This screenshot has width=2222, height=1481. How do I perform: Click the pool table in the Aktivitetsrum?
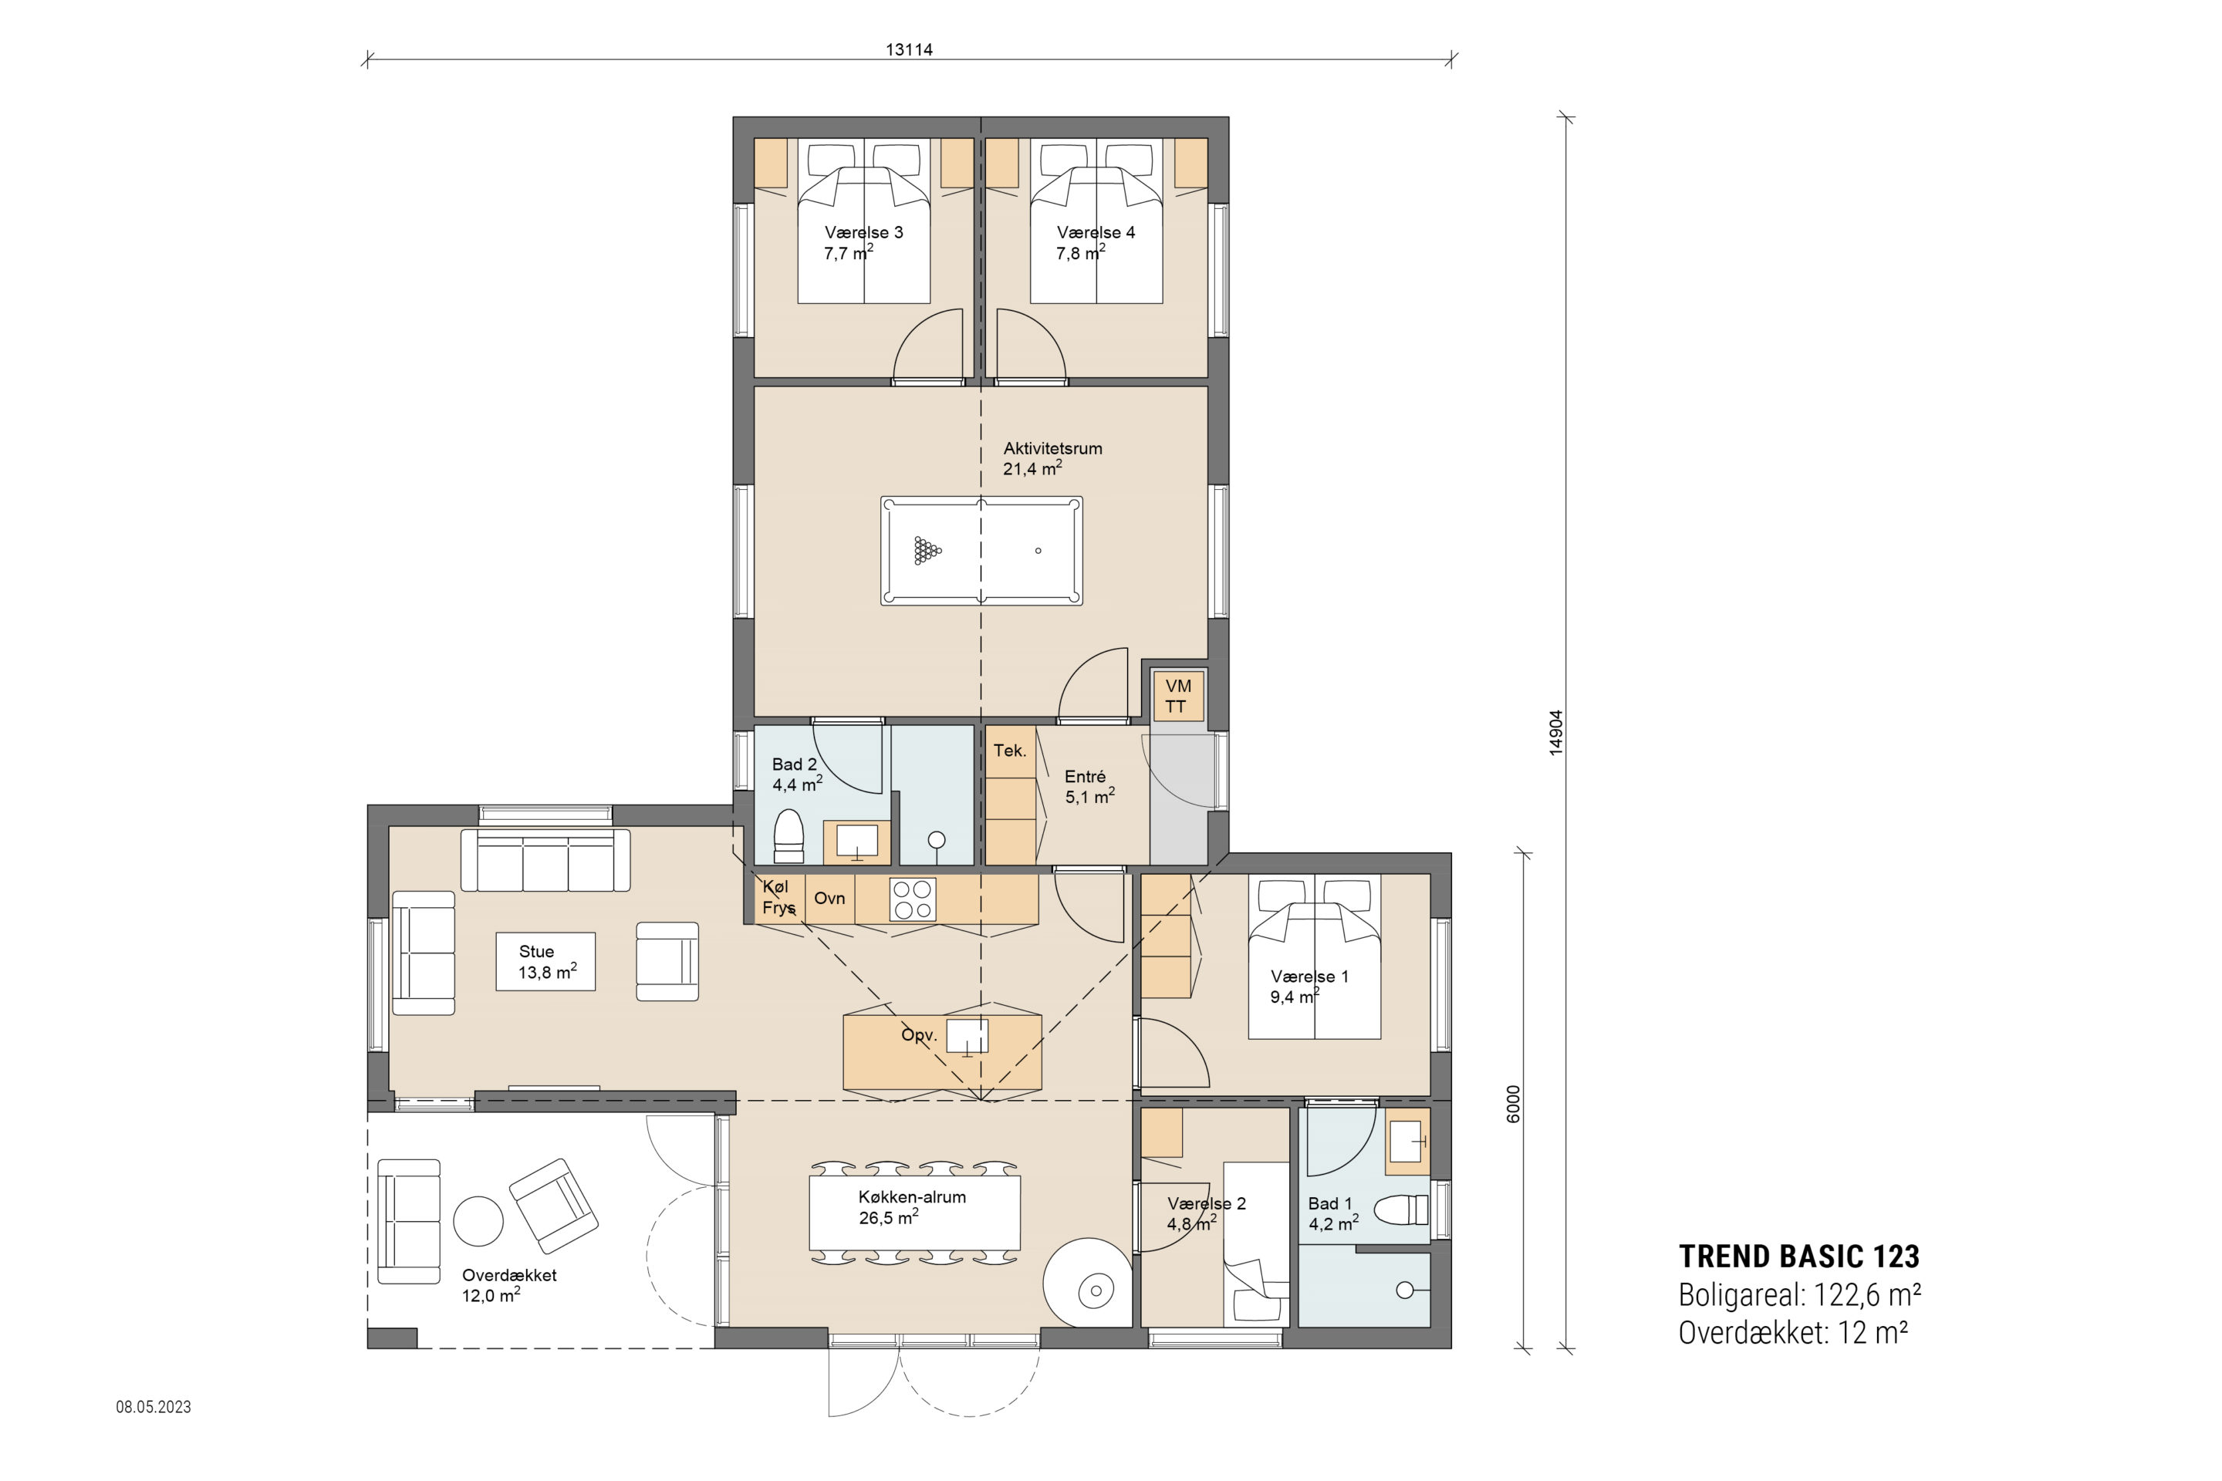pyautogui.click(x=981, y=551)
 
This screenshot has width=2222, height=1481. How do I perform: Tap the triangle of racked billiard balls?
pyautogui.click(x=927, y=551)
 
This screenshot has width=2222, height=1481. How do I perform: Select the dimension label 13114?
pyautogui.click(x=909, y=49)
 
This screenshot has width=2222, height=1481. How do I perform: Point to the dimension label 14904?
pyautogui.click(x=1556, y=732)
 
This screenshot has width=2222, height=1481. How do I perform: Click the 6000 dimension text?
pyautogui.click(x=1514, y=1103)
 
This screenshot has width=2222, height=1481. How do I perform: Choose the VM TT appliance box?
pyautogui.click(x=1177, y=696)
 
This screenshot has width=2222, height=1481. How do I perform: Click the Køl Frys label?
pyautogui.click(x=778, y=897)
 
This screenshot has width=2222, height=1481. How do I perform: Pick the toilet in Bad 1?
pyautogui.click(x=1402, y=1210)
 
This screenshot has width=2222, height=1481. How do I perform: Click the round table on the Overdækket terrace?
pyautogui.click(x=478, y=1221)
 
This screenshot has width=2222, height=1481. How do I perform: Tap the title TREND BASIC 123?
pyautogui.click(x=1798, y=1257)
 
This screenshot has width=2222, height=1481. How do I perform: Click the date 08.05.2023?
pyautogui.click(x=153, y=1406)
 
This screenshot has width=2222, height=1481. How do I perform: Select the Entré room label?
pyautogui.click(x=1086, y=777)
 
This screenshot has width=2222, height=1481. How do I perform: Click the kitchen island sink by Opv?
pyautogui.click(x=967, y=1036)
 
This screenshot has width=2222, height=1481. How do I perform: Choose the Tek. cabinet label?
pyautogui.click(x=1009, y=751)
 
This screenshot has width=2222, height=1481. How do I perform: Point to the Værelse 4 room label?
pyautogui.click(x=1096, y=232)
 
